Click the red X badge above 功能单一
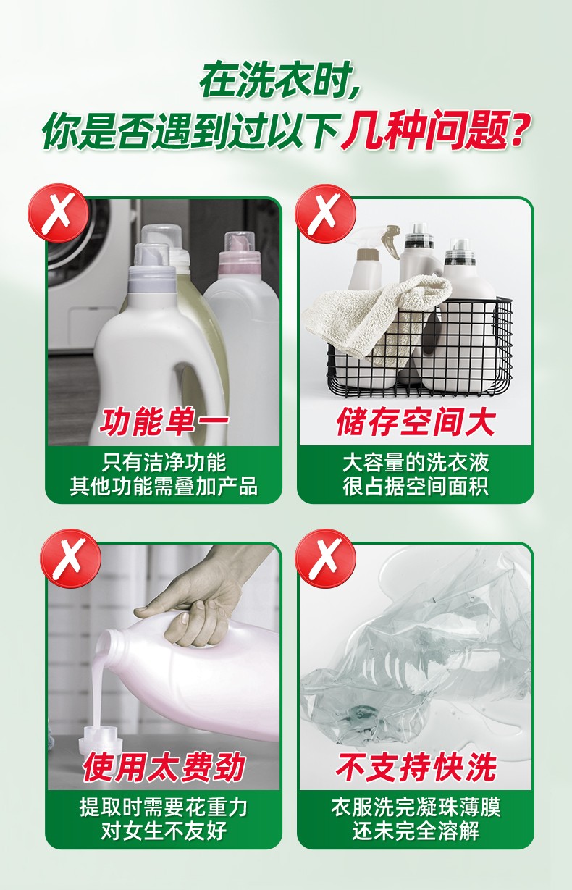tap(58, 214)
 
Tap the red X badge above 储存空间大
tap(326, 214)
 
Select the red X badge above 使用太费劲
tap(71, 558)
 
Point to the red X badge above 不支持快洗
tap(326, 558)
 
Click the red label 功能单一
tap(164, 421)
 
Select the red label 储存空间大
tap(416, 421)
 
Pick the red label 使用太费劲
tap(164, 766)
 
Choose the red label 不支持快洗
tap(416, 766)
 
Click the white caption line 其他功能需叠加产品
tap(164, 485)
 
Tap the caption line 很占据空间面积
tap(416, 485)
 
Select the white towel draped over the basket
tap(377, 314)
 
